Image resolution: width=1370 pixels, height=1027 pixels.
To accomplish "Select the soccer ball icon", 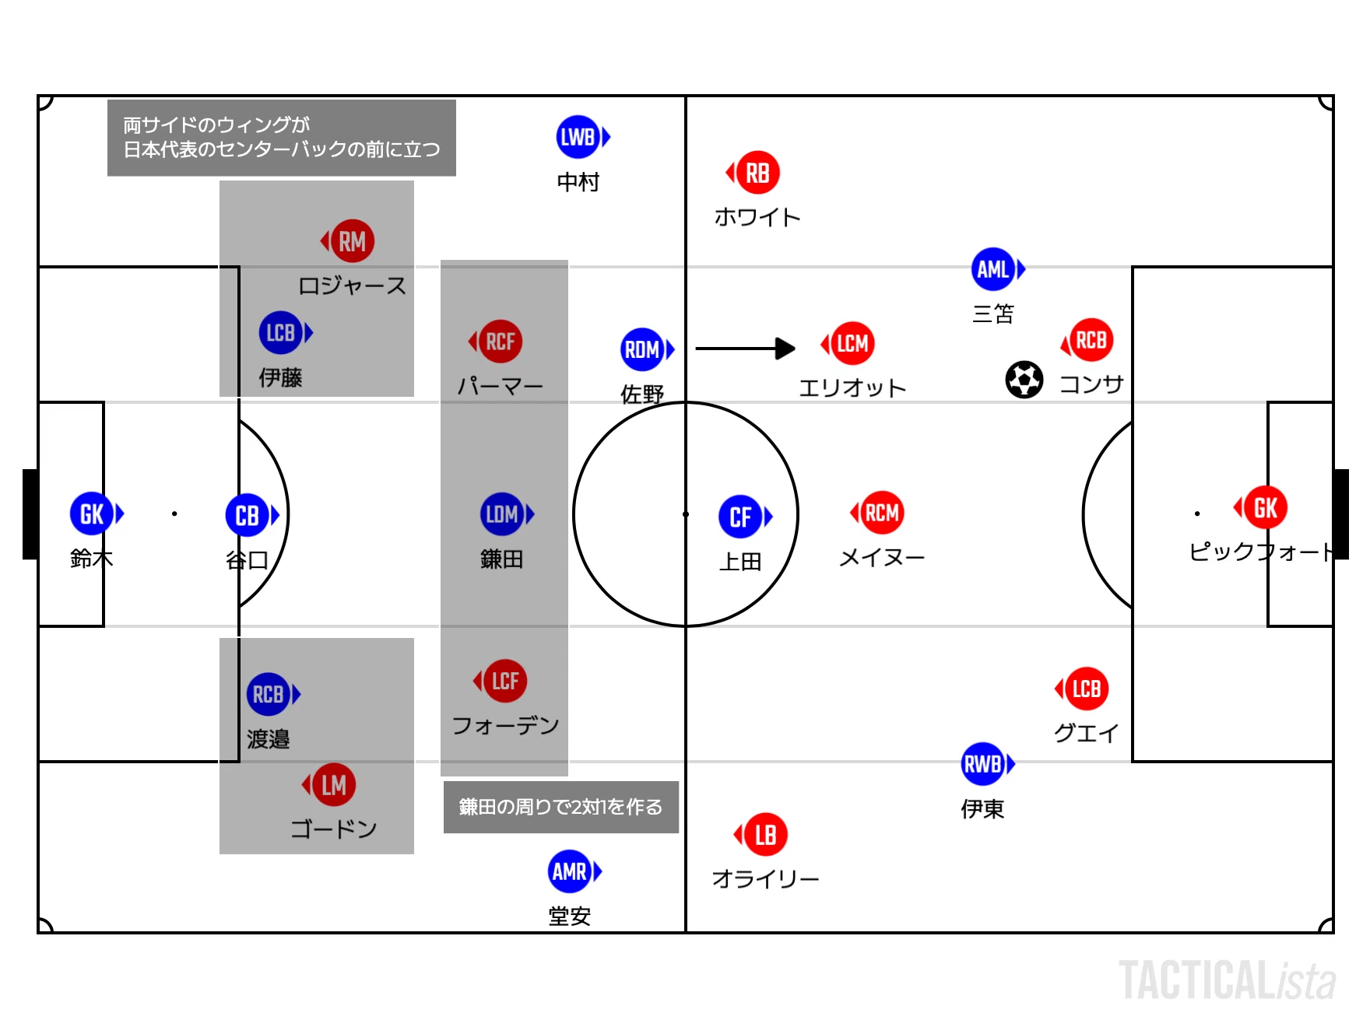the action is click(1024, 380).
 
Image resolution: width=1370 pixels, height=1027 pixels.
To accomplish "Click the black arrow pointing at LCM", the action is click(745, 349).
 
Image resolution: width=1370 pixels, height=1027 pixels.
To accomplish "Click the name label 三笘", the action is click(993, 314).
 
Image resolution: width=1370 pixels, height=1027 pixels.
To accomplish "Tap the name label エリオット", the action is click(852, 387).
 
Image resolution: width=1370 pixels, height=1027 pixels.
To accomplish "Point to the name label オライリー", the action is click(765, 879).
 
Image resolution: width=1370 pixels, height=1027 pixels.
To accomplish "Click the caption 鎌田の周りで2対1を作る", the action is click(560, 807).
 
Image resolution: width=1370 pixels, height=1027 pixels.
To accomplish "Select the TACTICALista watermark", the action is click(1228, 980).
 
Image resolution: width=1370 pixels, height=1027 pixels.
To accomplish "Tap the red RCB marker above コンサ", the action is click(1087, 340).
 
